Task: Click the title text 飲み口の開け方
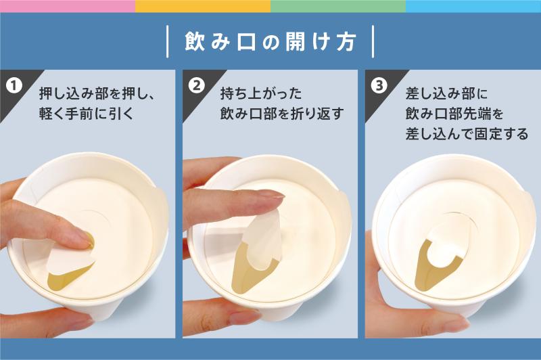[270, 42]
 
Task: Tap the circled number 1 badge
[14, 85]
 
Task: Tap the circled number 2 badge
[197, 85]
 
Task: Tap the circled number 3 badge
[379, 85]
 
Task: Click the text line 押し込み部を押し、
[97, 93]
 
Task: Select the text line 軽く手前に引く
[86, 114]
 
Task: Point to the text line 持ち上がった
[261, 93]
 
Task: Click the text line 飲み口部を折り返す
[282, 114]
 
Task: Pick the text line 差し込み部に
[446, 93]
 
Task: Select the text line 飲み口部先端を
[454, 114]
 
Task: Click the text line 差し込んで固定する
[467, 133]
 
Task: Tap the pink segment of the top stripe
[68, 6]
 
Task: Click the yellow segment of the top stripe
[203, 6]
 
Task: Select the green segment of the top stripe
[338, 6]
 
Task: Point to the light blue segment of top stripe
[473, 6]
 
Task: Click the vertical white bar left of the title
[168, 41]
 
